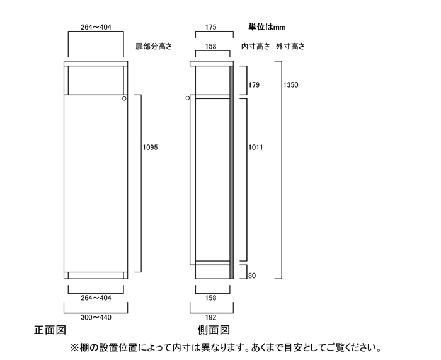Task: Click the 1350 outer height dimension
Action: pyautogui.click(x=290, y=84)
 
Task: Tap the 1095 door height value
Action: pyautogui.click(x=150, y=147)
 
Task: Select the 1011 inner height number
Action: pyautogui.click(x=255, y=147)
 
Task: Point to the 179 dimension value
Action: pyautogui.click(x=254, y=84)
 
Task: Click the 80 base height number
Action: pyautogui.click(x=252, y=276)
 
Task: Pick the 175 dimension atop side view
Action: pyautogui.click(x=210, y=27)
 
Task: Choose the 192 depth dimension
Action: pyautogui.click(x=210, y=318)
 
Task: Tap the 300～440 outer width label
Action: pyautogui.click(x=96, y=318)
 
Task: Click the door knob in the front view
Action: pyautogui.click(x=124, y=98)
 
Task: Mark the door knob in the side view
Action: pyautogui.click(x=188, y=98)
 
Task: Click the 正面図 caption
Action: pyautogui.click(x=50, y=330)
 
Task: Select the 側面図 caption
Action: pyautogui.click(x=214, y=330)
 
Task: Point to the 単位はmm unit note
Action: pyautogui.click(x=267, y=27)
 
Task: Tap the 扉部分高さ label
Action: pyautogui.click(x=154, y=46)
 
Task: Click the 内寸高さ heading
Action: pyautogui.click(x=255, y=46)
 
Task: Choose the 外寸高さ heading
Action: pyautogui.click(x=290, y=46)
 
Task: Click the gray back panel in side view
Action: pyautogui.click(x=231, y=173)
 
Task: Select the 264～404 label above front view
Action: pyautogui.click(x=96, y=27)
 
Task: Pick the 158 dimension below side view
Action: pyautogui.click(x=210, y=298)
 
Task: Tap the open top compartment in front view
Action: pyautogui.click(x=96, y=80)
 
